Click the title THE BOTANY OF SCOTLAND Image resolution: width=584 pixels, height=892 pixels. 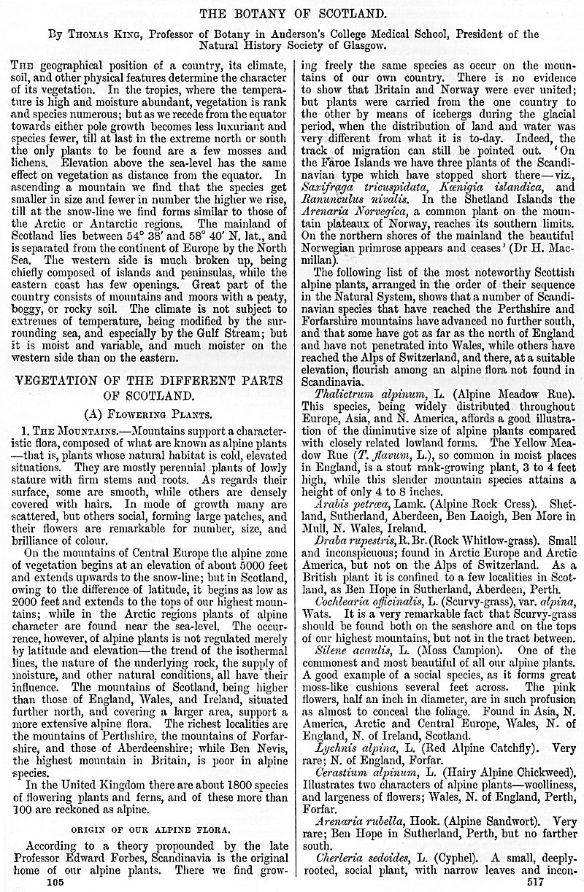[291, 13]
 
